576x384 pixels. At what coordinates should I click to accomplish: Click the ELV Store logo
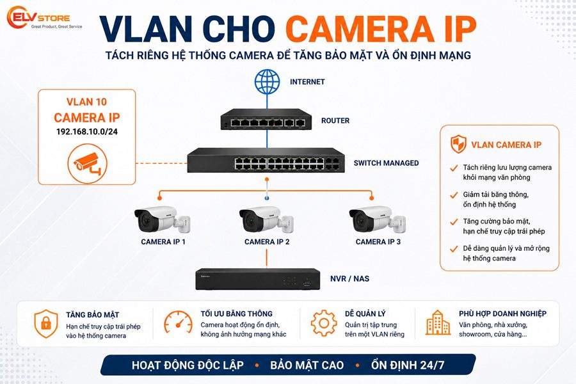(x=44, y=18)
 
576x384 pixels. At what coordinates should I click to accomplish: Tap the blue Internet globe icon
(x=267, y=81)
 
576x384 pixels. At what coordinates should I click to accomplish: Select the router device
(x=266, y=119)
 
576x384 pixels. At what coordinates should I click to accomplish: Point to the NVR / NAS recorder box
(x=257, y=279)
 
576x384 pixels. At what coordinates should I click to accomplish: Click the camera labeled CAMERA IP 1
(x=162, y=220)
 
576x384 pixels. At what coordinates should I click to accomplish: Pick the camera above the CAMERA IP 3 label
(x=377, y=220)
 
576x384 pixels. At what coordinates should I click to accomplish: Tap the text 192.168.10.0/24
(x=87, y=132)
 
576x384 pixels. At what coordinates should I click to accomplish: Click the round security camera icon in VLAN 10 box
(x=88, y=164)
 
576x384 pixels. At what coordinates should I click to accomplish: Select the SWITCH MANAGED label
(x=386, y=163)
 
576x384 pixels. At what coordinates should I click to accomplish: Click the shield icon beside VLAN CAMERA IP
(x=458, y=143)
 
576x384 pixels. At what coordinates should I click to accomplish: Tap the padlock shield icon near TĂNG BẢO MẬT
(x=46, y=323)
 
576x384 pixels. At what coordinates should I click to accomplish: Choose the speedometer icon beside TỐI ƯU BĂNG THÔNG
(x=178, y=323)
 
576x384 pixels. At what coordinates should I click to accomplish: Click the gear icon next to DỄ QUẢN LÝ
(x=324, y=323)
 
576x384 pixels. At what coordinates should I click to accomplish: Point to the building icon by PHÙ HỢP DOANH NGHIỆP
(x=438, y=323)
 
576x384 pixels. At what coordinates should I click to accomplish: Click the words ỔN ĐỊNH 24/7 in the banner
(x=408, y=365)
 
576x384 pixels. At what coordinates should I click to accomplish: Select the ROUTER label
(x=335, y=120)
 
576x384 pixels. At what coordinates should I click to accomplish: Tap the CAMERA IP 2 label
(x=267, y=242)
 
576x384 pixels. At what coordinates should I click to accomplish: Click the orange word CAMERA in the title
(x=360, y=29)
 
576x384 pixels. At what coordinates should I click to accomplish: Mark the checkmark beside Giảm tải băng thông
(x=454, y=195)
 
